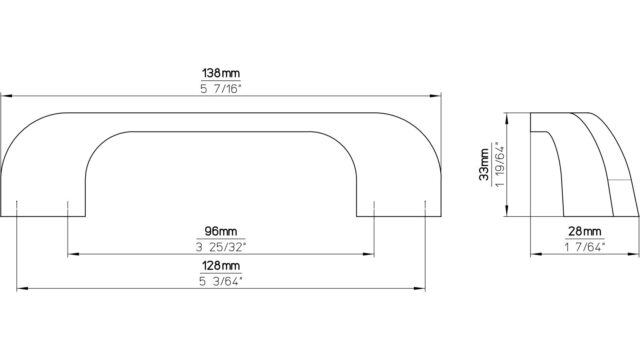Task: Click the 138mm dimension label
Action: click(221, 73)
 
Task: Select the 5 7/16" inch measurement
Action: click(221, 89)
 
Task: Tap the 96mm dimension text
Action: click(221, 231)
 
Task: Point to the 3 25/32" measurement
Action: click(221, 247)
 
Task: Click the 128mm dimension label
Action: click(221, 266)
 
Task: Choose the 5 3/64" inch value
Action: click(221, 281)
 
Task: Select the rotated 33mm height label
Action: click(484, 164)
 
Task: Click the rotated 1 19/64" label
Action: click(500, 164)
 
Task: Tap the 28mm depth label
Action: click(584, 232)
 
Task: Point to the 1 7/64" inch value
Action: click(584, 247)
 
